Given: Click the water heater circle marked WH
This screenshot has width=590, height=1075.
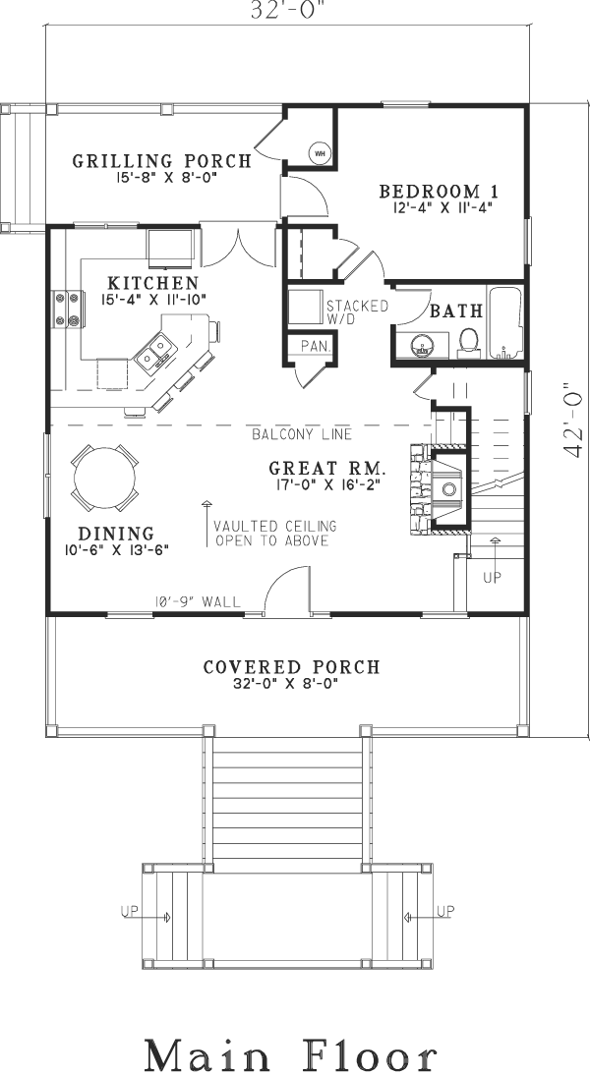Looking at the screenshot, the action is (320, 153).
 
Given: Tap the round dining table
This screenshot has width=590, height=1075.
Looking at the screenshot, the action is (104, 478).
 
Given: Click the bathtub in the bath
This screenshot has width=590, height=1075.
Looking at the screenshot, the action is (504, 323).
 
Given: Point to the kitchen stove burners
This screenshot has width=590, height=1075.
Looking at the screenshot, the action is (67, 309).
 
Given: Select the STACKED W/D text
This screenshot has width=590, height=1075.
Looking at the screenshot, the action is (357, 311).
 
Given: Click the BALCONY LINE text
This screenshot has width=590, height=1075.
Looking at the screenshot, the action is (302, 434).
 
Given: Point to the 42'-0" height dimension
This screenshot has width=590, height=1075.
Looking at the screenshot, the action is (571, 419).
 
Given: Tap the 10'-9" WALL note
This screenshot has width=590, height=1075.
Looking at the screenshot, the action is (198, 602).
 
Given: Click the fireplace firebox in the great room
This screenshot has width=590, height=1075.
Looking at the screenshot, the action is (448, 488).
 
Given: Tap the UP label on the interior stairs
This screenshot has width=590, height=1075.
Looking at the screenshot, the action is (492, 577).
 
